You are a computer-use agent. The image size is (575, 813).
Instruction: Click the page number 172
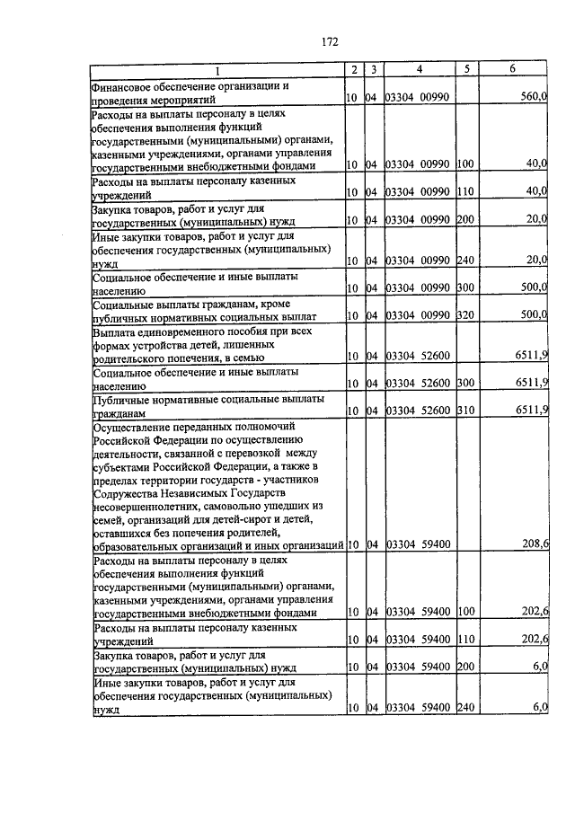point(329,40)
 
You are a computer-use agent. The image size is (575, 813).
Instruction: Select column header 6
point(512,69)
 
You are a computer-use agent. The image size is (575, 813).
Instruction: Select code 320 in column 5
point(464,316)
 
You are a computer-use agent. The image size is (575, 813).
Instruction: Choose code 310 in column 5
point(464,410)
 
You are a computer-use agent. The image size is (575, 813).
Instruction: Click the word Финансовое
point(123,85)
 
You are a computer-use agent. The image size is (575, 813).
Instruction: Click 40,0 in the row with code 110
point(537,190)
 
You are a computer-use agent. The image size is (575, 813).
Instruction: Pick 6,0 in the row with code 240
point(540,708)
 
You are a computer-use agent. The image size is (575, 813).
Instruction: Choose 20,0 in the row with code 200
point(537,218)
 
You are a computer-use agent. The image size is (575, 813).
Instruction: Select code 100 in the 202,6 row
point(464,611)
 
